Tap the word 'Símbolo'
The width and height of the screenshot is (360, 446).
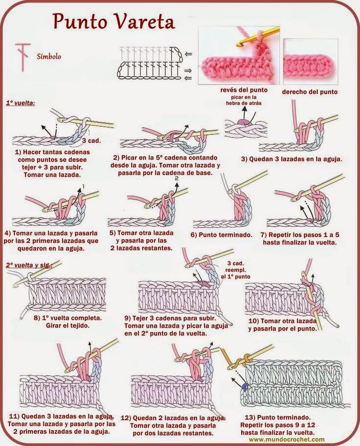49,56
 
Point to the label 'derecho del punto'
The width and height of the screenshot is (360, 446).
310,91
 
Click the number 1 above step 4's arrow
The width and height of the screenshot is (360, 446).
83,186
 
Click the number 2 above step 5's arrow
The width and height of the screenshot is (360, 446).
176,179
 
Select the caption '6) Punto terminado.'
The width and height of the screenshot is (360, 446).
222,235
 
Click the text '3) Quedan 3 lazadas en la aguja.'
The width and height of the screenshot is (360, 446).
292,159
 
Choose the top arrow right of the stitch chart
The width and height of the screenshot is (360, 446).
189,53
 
